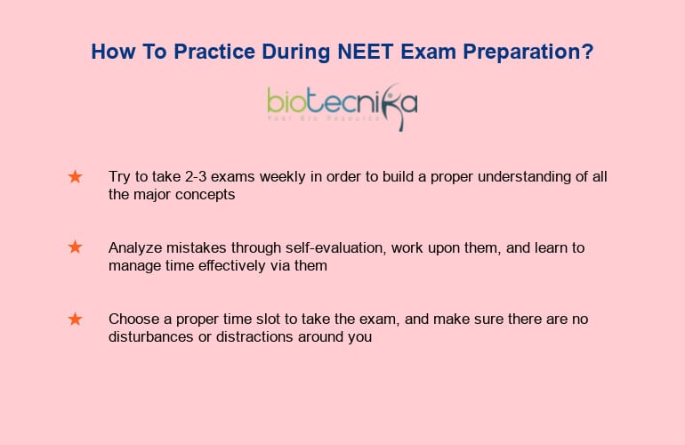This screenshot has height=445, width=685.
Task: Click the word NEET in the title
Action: click(x=366, y=52)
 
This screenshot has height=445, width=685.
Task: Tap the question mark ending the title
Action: click(x=588, y=51)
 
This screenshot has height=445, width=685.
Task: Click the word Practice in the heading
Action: click(x=214, y=52)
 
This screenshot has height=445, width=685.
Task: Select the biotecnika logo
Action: click(x=342, y=107)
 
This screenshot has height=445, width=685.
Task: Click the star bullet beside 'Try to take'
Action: click(x=75, y=176)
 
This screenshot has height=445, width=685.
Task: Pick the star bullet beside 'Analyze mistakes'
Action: click(x=75, y=247)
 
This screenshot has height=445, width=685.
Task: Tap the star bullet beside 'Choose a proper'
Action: click(x=75, y=320)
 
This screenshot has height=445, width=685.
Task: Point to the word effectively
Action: click(x=232, y=266)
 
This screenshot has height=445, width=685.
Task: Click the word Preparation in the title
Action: click(x=522, y=52)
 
